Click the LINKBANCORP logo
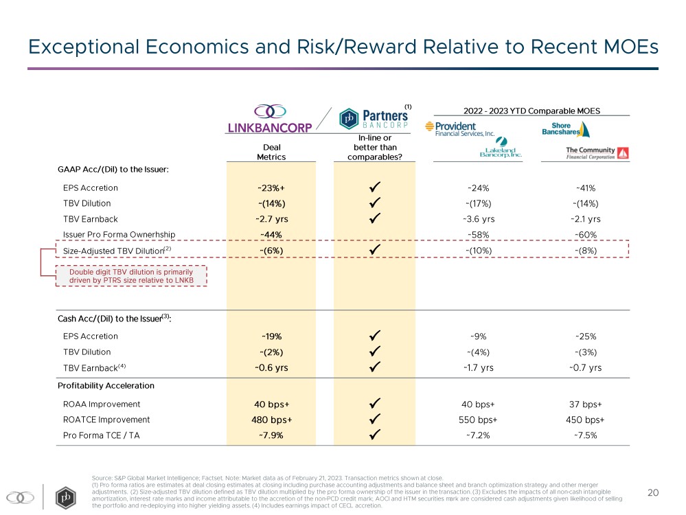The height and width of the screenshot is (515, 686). [x=270, y=119]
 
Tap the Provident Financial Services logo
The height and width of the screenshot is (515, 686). [x=459, y=128]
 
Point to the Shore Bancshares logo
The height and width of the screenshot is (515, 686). [x=566, y=129]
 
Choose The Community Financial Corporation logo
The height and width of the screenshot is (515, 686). [x=597, y=152]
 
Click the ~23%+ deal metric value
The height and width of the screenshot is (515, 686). [x=271, y=188]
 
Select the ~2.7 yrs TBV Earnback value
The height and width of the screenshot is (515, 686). [x=271, y=219]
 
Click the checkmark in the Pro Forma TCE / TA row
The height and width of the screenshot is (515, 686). [x=374, y=435]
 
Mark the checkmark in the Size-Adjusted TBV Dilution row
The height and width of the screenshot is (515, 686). [x=374, y=251]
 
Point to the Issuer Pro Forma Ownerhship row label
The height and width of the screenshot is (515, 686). [x=119, y=235]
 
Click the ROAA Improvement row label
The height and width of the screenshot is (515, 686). [x=102, y=404]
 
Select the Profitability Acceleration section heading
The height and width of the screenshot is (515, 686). [x=106, y=386]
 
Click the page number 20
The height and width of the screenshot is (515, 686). [x=653, y=492]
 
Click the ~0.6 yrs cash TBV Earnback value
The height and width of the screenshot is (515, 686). [x=271, y=367]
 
